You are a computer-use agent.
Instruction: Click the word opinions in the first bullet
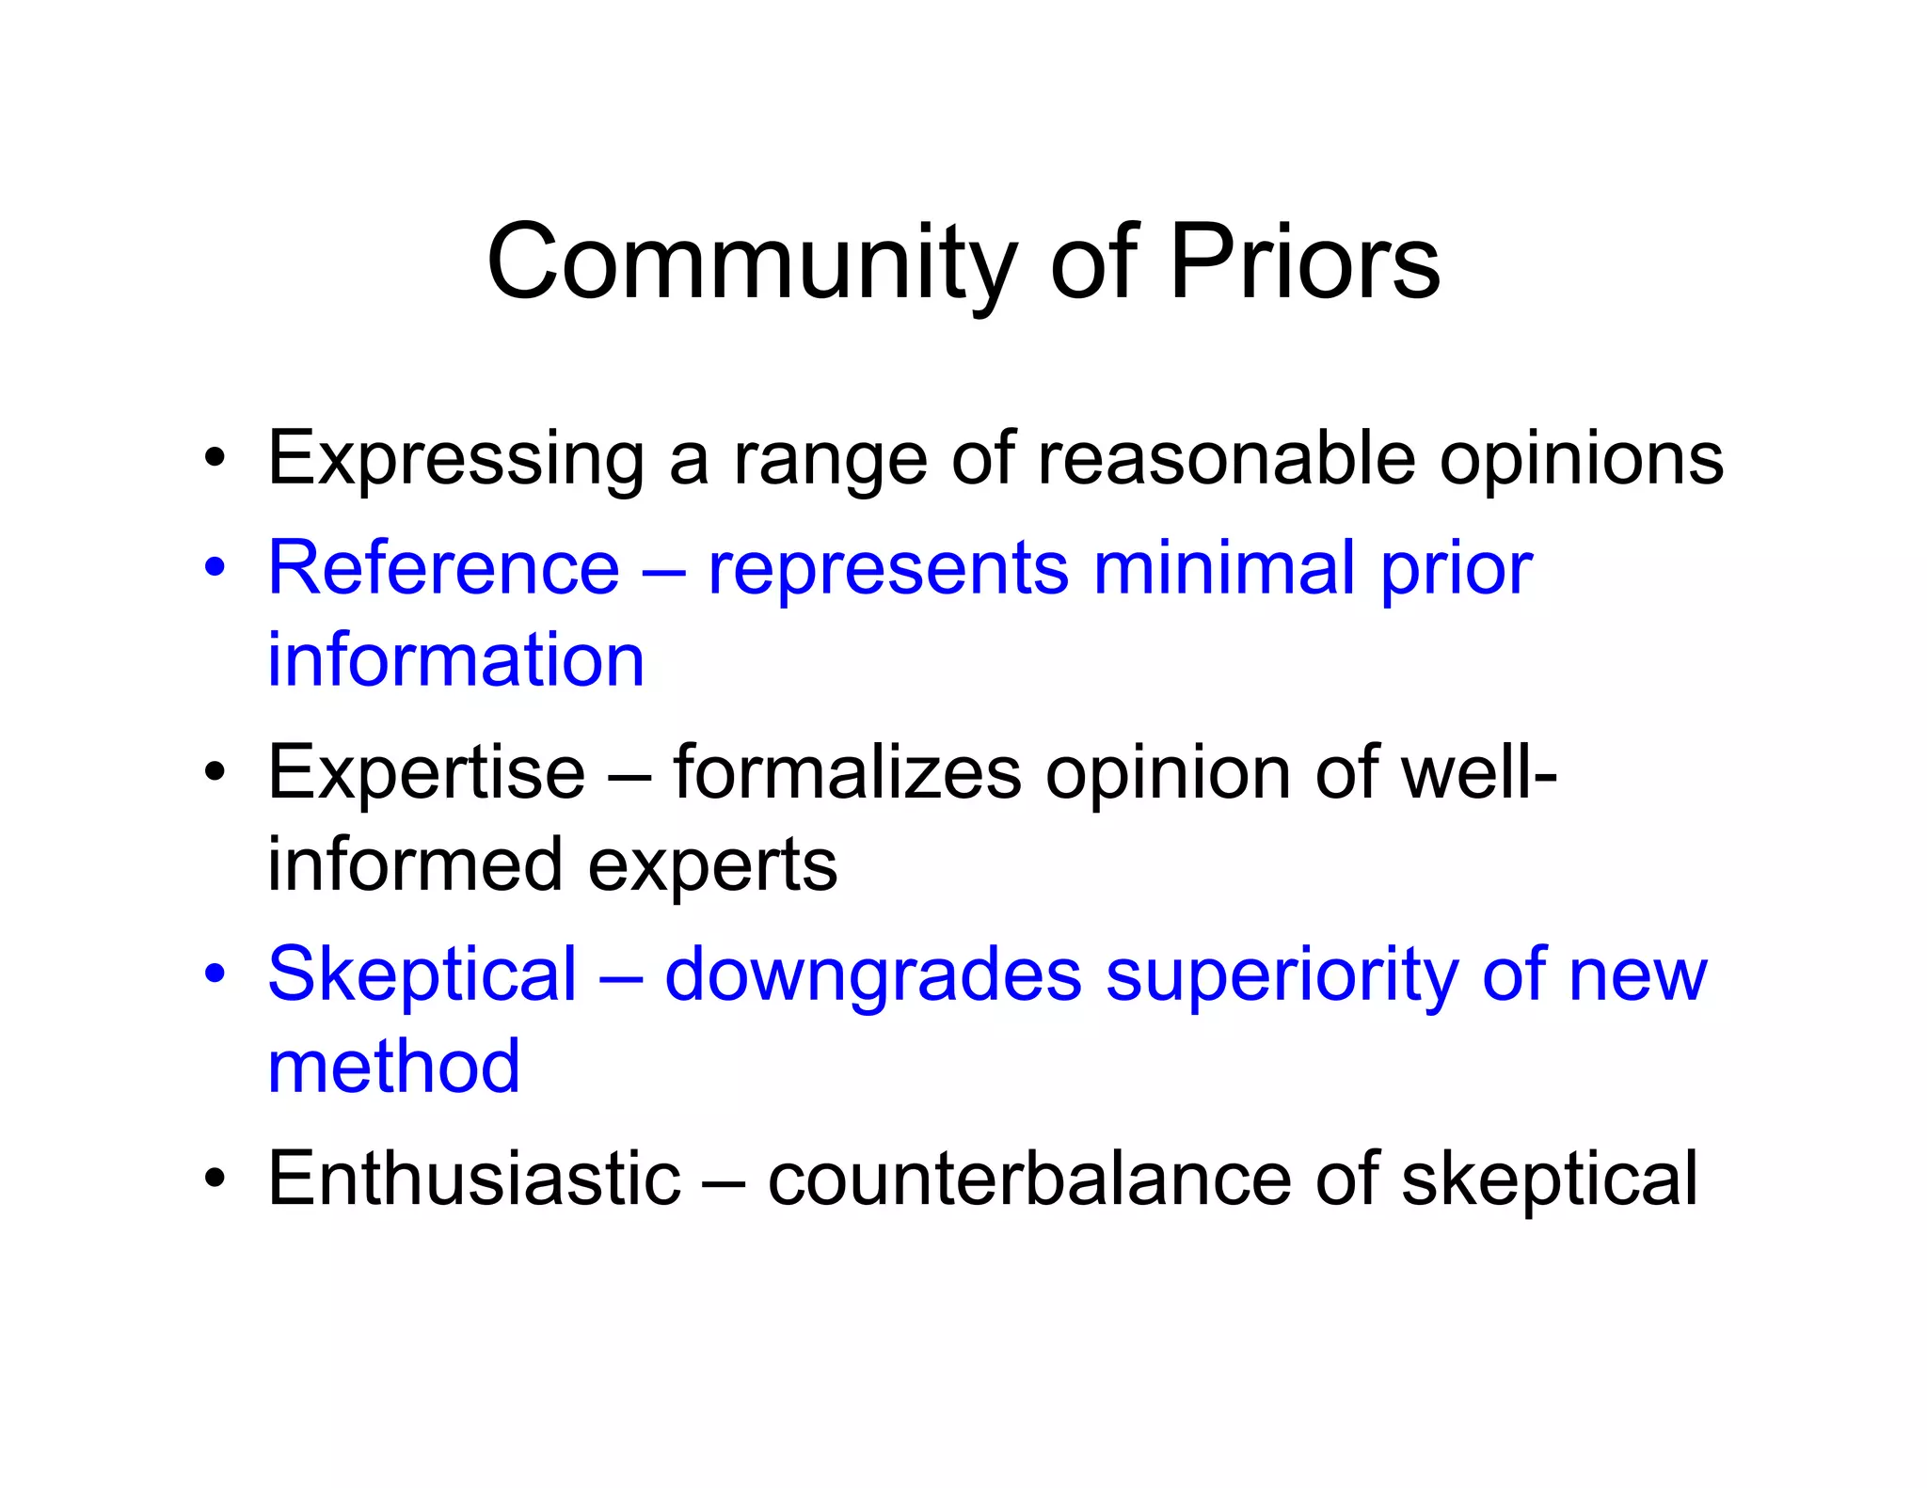click(x=1582, y=460)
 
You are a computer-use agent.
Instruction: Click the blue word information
click(x=455, y=660)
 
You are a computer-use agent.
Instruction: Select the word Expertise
click(x=426, y=773)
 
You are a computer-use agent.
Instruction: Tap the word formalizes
click(x=847, y=773)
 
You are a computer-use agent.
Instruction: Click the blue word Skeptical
click(x=422, y=975)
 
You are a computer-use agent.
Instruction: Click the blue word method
click(x=393, y=1068)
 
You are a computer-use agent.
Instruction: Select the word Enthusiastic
click(x=473, y=1179)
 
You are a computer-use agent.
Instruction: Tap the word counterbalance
click(x=1029, y=1179)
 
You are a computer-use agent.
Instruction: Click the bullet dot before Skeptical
click(x=215, y=975)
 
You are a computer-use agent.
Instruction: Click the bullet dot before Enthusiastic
click(x=215, y=1179)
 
